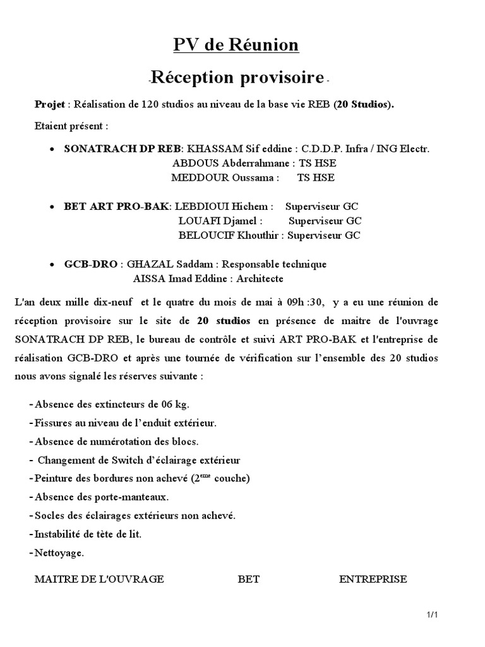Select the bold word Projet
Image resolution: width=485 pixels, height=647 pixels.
click(49, 104)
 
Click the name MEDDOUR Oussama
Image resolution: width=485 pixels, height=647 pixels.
click(225, 178)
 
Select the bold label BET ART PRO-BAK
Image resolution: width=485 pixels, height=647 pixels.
click(116, 207)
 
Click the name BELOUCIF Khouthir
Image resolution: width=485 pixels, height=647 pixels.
click(229, 235)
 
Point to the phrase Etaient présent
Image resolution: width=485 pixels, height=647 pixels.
click(71, 126)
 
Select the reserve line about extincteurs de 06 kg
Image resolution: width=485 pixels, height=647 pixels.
click(112, 404)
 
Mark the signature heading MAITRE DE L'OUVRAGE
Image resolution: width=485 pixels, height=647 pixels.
click(99, 579)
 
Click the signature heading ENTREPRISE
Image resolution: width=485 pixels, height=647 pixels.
click(373, 579)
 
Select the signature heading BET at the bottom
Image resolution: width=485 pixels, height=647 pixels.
click(249, 579)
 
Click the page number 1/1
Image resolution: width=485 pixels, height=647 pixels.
click(432, 614)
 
